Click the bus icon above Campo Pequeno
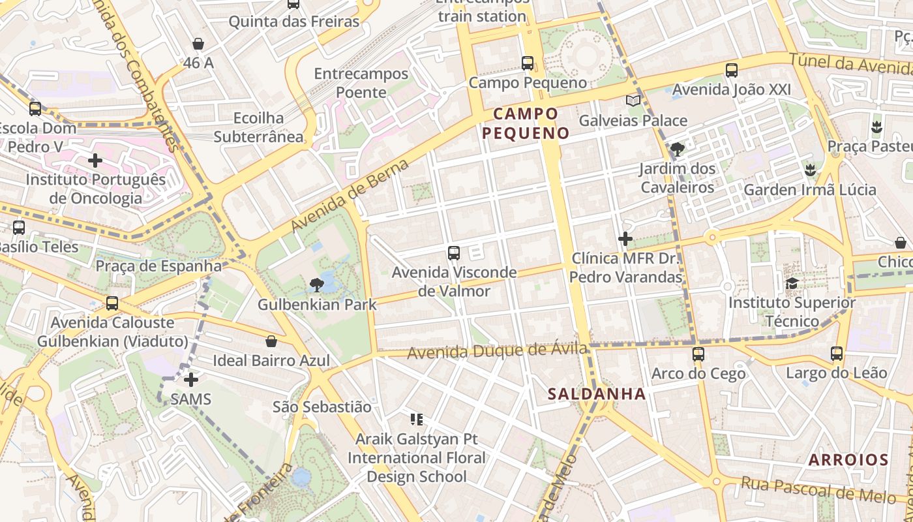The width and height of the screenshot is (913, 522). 528,63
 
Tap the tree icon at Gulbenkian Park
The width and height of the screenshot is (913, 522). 317,284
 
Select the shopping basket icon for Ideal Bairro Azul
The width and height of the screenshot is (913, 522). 271,341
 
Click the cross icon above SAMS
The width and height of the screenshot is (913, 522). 190,379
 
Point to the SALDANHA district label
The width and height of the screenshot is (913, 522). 597,394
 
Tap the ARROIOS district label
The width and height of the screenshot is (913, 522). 848,460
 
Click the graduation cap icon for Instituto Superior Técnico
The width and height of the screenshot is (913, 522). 792,283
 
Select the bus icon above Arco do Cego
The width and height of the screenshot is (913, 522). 698,354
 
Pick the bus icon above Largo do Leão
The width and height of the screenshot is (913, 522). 837,354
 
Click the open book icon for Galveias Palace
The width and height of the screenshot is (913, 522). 633,100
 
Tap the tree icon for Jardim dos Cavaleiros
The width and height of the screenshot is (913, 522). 678,149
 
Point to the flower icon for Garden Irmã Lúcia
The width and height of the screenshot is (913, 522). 809,170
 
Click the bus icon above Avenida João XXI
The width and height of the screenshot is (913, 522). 732,70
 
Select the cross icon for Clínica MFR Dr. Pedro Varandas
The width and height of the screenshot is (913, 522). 625,239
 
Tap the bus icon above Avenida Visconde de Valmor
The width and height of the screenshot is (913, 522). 454,253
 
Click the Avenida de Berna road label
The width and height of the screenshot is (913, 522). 350,195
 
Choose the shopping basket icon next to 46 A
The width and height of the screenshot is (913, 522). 198,44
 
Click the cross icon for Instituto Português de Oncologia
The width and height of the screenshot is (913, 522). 95,160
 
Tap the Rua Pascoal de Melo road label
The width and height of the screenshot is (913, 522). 818,490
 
